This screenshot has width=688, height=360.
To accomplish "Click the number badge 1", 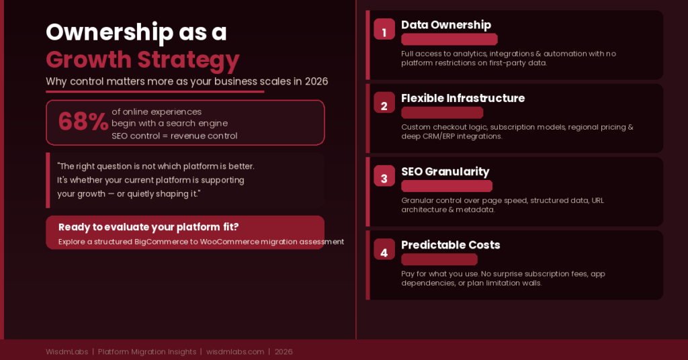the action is point(384,29).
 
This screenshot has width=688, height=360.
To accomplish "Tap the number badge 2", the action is point(384,102).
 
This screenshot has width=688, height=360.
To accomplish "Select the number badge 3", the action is point(384,175).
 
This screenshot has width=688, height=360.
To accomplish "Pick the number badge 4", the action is point(384,249).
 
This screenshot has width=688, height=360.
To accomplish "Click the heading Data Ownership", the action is point(446,25).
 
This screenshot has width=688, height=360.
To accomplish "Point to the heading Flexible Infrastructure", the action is point(463,98).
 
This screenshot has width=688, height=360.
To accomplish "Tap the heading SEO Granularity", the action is point(445,172).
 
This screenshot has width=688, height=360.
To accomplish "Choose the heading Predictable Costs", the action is point(451,244).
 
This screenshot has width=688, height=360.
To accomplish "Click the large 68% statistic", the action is point(83,122).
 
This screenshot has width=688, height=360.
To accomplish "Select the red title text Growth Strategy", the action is point(142,60).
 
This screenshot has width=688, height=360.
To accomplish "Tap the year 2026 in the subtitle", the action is point(316,81).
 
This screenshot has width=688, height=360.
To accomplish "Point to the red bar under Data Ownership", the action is point(449,40).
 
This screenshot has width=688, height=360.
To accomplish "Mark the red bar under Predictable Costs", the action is point(439,259).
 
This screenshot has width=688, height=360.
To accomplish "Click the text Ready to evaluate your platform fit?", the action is point(148,227).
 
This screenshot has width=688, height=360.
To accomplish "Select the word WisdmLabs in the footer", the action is point(67,352).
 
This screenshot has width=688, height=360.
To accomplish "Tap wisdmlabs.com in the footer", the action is point(235,352).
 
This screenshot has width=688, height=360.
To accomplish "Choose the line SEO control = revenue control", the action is point(174,136).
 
